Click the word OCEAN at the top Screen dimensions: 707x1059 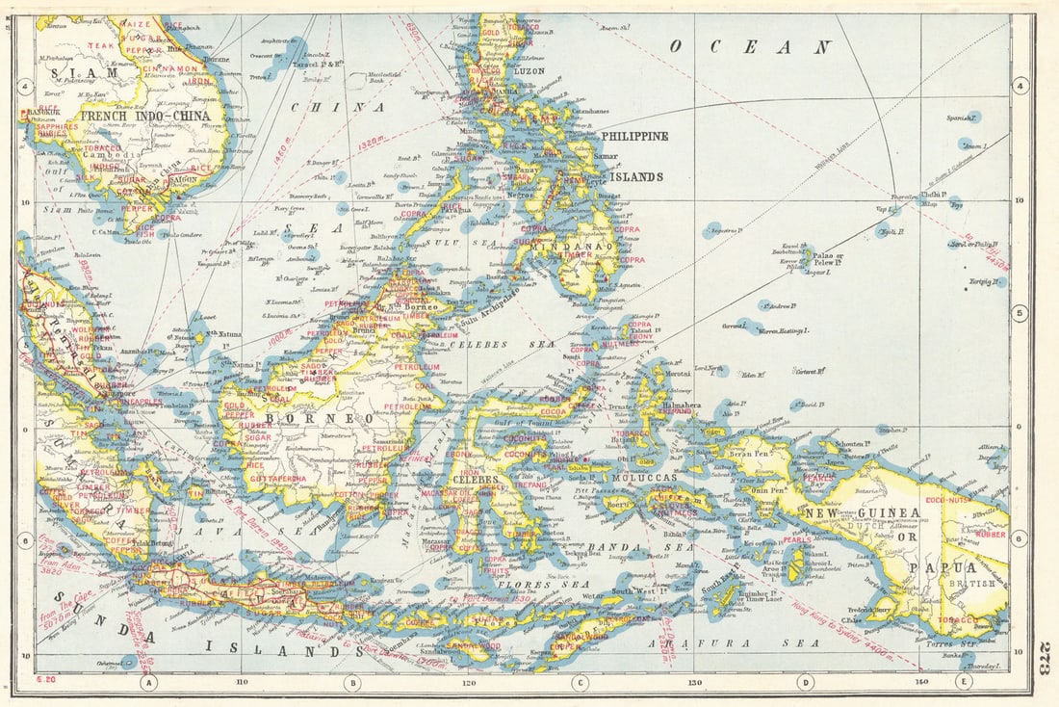751,46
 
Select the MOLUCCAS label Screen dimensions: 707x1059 642,477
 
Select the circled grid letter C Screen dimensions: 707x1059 579,682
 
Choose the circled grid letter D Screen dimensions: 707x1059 805,682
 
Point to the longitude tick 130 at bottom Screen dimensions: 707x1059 694,682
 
